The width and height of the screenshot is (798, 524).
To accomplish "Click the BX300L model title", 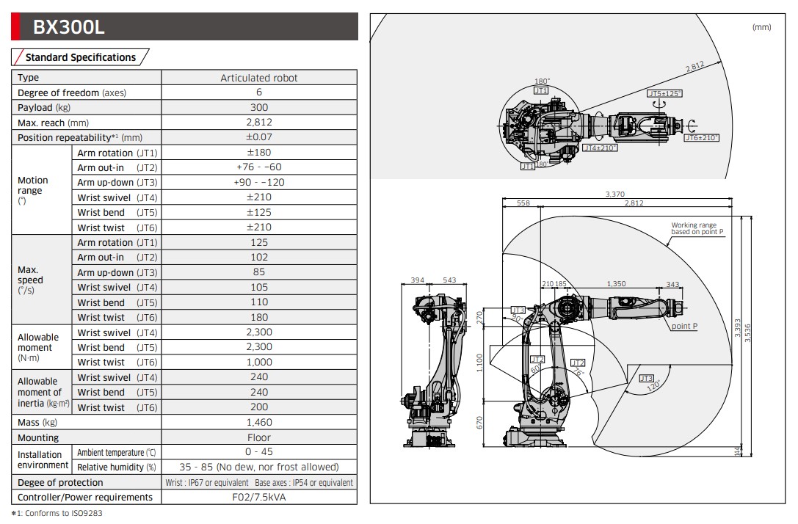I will [x=69, y=27].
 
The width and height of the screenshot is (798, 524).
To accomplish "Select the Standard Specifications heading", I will [x=81, y=57].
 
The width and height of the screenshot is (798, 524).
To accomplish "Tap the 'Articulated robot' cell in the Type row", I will [x=259, y=78].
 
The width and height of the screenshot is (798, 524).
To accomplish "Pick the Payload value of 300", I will [x=259, y=107].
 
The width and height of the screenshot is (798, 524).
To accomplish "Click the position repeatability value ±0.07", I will [x=259, y=137].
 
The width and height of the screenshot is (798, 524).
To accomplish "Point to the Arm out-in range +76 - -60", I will [x=259, y=167].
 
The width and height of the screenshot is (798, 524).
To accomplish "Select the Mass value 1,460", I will [x=259, y=422].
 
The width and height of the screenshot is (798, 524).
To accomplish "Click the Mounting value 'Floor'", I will [x=259, y=437].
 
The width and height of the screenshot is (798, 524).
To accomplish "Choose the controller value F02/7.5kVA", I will [x=259, y=497].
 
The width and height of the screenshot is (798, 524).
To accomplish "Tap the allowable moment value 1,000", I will [x=259, y=362].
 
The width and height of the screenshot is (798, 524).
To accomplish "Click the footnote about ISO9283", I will [x=57, y=513].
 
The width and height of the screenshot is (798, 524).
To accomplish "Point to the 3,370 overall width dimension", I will [x=615, y=194].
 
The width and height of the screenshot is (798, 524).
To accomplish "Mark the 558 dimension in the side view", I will [x=523, y=203].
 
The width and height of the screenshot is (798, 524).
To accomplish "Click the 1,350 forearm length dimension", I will [x=617, y=283].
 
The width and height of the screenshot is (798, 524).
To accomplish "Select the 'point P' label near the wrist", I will [x=684, y=326].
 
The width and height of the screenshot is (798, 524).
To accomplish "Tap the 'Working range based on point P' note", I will [x=697, y=229].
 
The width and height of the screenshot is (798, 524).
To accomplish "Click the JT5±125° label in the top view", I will [x=664, y=94].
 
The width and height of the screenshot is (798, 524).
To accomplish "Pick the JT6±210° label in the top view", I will [x=701, y=138].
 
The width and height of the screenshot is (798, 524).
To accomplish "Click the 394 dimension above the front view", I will [x=418, y=280].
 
